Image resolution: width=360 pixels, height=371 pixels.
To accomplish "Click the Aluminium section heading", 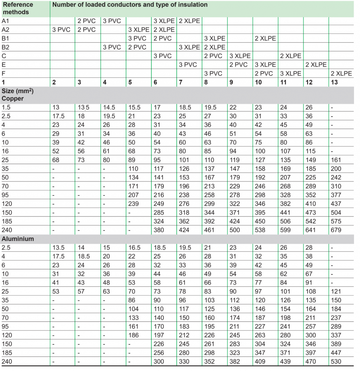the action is [18, 239].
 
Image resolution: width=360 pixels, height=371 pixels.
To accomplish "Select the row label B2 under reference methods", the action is [6, 47].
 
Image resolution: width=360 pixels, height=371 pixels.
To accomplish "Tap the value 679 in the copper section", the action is [336, 230].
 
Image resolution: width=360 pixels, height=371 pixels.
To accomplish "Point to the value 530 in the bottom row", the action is [336, 361].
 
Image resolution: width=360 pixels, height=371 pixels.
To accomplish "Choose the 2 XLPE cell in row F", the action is [341, 73].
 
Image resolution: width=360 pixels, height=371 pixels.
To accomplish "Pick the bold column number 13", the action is [334, 82].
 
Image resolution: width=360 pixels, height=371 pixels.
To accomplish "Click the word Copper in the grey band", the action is [12, 98].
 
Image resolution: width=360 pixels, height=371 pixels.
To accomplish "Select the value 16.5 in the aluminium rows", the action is [135, 248].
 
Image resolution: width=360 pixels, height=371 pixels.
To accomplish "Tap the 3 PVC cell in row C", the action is [162, 56].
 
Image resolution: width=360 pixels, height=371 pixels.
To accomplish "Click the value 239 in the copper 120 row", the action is [133, 204].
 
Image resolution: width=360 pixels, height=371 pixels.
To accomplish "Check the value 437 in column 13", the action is [336, 204].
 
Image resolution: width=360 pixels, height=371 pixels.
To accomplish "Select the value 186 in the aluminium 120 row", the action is [133, 335].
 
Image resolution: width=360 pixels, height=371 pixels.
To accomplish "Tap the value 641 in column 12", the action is [311, 230].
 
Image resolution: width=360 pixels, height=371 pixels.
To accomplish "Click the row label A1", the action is [6, 21].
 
